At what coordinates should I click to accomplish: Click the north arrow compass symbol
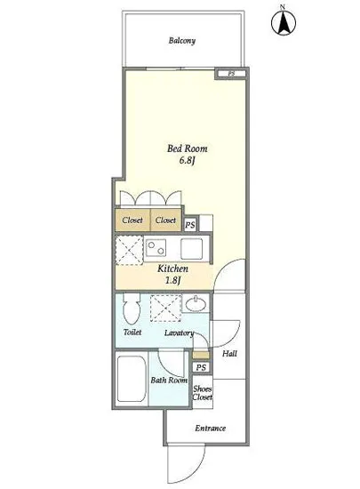[283, 22]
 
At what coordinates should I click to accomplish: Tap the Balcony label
[182, 41]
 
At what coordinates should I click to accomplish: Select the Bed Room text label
[187, 148]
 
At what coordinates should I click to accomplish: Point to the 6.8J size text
[187, 161]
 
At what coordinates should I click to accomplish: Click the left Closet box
[132, 220]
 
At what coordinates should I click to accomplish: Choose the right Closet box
[166, 220]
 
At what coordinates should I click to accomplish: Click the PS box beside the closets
[190, 225]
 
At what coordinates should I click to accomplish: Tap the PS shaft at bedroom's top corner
[231, 74]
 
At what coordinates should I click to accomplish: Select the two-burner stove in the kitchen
[156, 248]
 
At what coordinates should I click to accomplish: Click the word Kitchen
[172, 269]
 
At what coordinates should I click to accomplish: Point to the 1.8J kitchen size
[172, 280]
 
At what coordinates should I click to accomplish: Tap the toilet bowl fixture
[132, 309]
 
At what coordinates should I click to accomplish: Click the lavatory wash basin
[196, 304]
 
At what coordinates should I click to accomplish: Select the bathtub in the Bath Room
[132, 379]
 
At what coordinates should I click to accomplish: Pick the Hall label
[229, 354]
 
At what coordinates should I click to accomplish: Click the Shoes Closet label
[203, 393]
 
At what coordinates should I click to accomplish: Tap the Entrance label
[211, 429]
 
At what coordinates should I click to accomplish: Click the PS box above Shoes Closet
[201, 367]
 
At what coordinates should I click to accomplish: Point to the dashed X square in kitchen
[130, 251]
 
